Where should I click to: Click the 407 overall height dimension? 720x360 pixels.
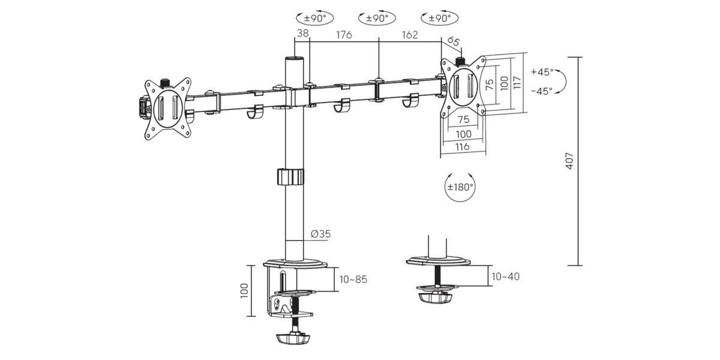[569, 161]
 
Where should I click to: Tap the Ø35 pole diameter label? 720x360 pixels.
[320, 234]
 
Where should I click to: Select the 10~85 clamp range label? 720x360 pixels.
[353, 280]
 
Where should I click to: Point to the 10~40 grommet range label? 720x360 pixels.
[506, 277]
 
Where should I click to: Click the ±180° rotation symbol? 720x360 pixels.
[461, 187]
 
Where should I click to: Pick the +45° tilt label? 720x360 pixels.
[542, 71]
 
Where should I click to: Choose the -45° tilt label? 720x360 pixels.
[542, 91]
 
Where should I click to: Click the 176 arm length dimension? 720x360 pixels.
[344, 35]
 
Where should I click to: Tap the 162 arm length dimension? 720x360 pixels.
[410, 35]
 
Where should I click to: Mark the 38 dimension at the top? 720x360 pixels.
[302, 33]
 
